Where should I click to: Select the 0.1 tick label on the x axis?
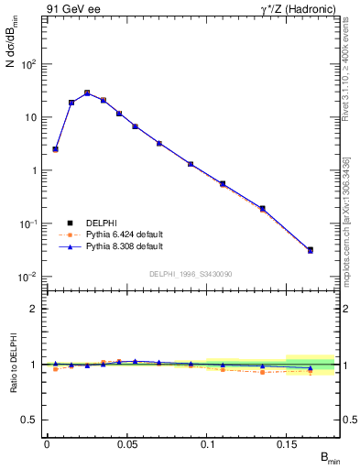[x=208, y=444]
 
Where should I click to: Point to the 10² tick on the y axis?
[x=29, y=64]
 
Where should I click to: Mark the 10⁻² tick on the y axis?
[x=29, y=277]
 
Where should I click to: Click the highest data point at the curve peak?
[x=87, y=93]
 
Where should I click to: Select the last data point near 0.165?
[x=310, y=250]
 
